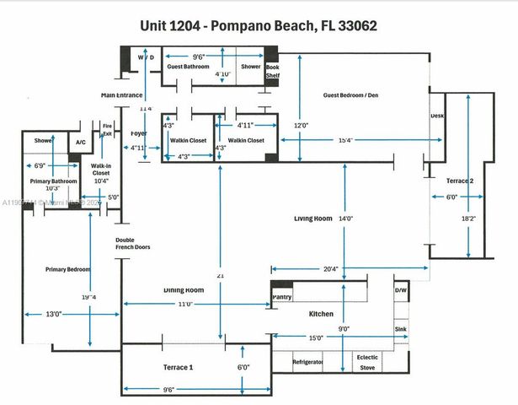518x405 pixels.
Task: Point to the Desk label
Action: [437, 116]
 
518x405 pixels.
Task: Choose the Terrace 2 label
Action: [448, 180]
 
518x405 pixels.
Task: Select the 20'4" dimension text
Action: [329, 269]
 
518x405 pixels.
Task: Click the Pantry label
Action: [282, 296]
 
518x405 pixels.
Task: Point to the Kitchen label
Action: [321, 314]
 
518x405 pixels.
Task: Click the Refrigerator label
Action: [307, 360]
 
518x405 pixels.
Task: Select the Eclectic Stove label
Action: [368, 361]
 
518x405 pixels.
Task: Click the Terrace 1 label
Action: [178, 368]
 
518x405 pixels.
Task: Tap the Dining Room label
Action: [184, 289]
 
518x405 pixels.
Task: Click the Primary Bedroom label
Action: [67, 269]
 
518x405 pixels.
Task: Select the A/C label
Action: [81, 143]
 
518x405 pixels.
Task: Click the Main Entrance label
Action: [122, 95]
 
